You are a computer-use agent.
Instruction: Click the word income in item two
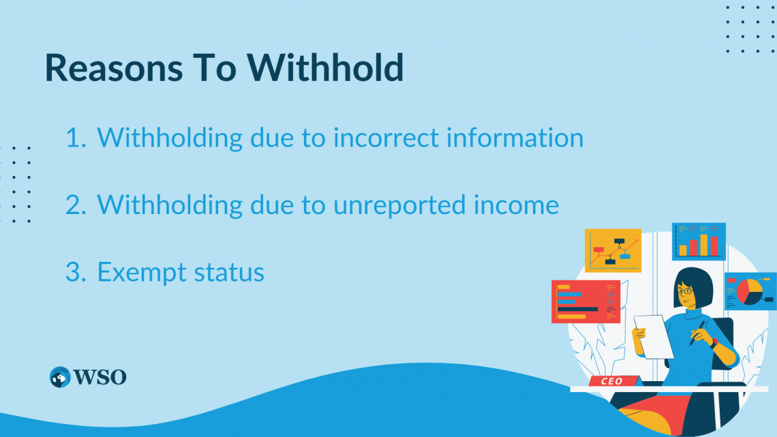coord(521,205)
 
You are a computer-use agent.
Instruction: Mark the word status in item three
coord(228,273)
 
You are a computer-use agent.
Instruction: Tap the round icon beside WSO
coord(61,377)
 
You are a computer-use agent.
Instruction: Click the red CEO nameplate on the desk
coord(611,381)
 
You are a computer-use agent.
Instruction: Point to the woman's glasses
coord(684,291)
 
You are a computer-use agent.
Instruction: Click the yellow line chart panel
coord(613,250)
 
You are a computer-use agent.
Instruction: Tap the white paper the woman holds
coord(653,335)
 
